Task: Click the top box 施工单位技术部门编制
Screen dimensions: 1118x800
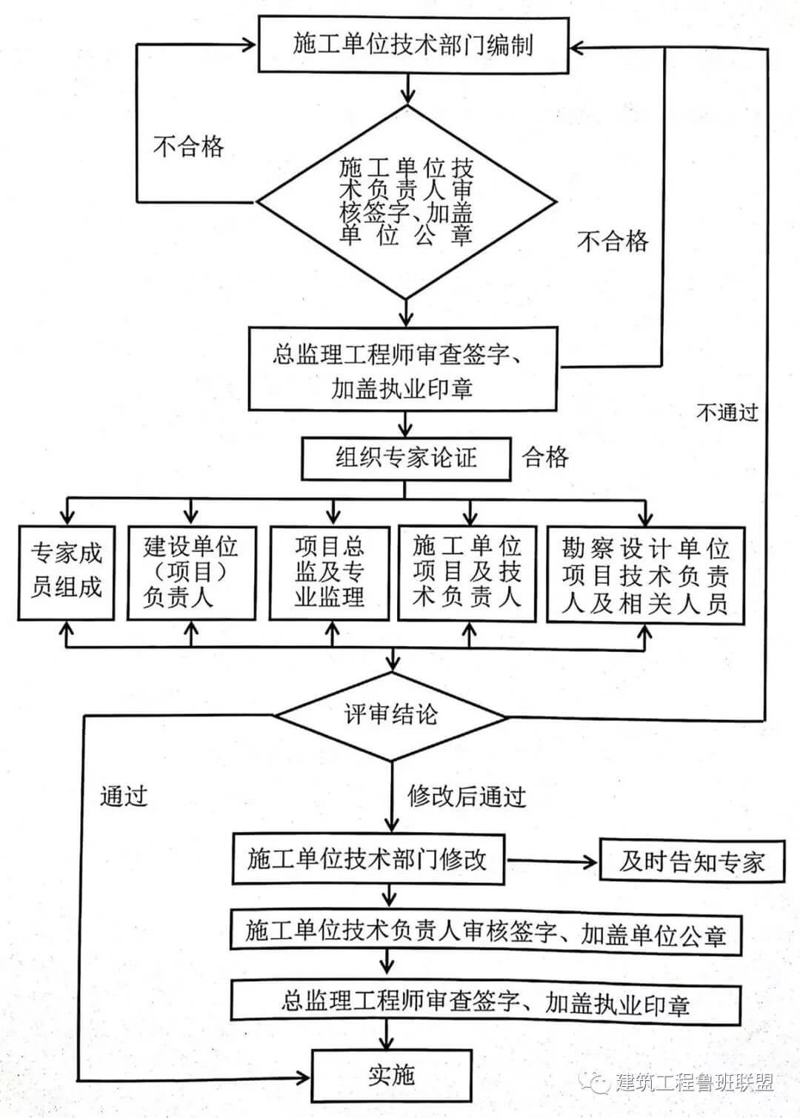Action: pos(413,44)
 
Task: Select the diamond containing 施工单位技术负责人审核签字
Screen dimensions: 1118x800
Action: pos(406,201)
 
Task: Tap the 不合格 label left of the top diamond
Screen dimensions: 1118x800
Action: pos(188,146)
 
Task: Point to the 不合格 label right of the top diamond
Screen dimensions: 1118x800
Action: pos(613,241)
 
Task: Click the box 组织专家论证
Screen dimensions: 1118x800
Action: pos(406,458)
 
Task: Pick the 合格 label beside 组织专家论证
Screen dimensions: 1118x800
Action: pos(546,457)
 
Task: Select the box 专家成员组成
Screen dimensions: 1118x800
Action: pos(67,571)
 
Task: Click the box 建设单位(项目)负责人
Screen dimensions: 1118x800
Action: pos(191,571)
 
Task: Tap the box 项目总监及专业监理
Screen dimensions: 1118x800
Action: pos(330,571)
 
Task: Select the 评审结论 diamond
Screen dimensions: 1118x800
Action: pos(390,715)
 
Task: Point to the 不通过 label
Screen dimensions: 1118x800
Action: pos(727,412)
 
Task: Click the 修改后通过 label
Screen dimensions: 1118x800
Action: pos(467,796)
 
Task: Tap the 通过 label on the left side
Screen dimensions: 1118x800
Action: pos(124,796)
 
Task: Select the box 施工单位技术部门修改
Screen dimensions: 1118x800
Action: pos(368,859)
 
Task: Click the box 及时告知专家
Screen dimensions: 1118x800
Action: pos(691,861)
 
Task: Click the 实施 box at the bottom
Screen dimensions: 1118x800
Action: pos(391,1074)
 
